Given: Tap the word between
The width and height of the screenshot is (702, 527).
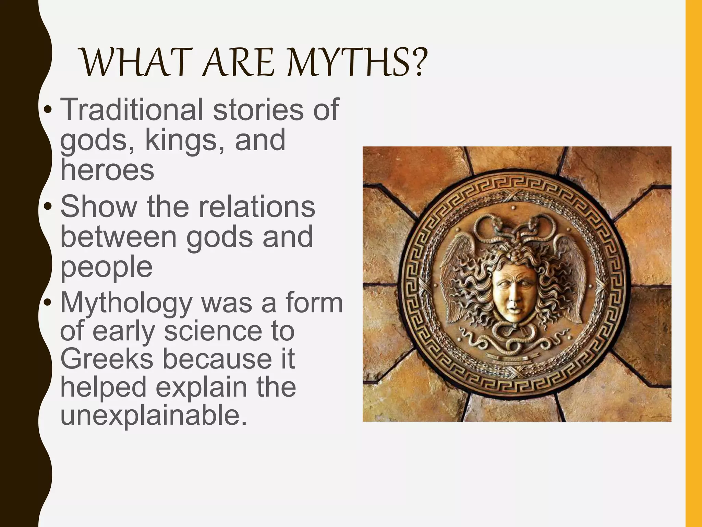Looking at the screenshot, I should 118,237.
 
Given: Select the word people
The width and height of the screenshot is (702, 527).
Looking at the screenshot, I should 106,268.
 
